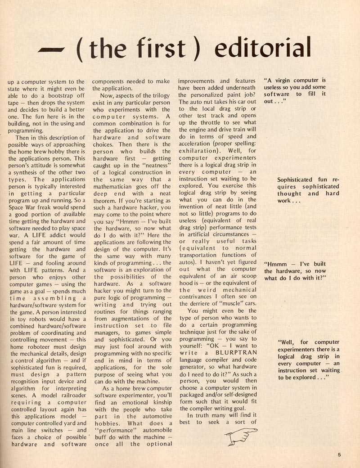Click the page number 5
tap(339, 455)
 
